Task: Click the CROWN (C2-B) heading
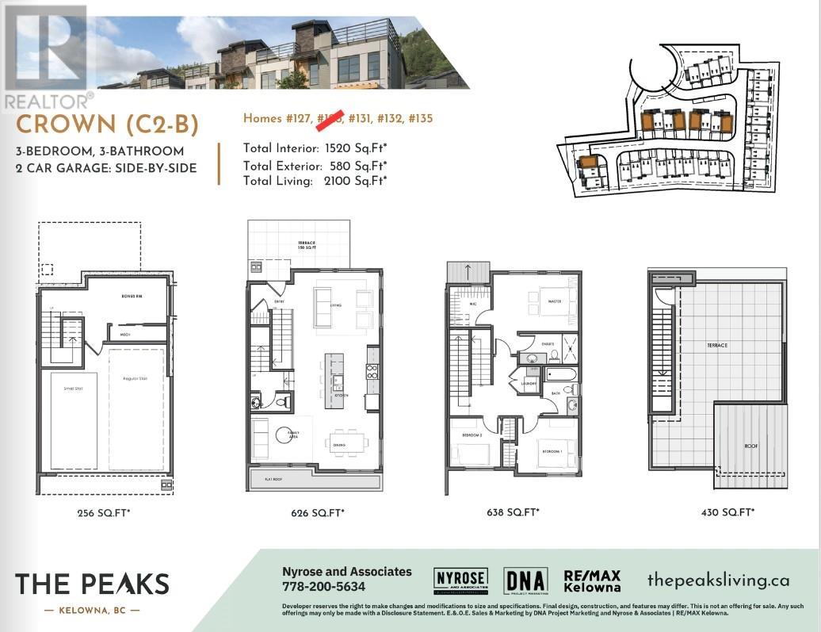107,124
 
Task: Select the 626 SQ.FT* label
318,513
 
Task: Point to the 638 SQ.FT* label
513,513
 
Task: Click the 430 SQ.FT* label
727,513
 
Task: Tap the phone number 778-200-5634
324,587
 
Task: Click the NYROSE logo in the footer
460,582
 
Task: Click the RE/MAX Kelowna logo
592,581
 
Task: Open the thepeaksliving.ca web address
718,580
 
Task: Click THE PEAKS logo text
92,584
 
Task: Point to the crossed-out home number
330,119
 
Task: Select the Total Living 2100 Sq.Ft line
315,181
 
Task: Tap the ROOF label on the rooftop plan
750,446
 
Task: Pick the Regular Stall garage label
136,378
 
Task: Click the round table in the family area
284,435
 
